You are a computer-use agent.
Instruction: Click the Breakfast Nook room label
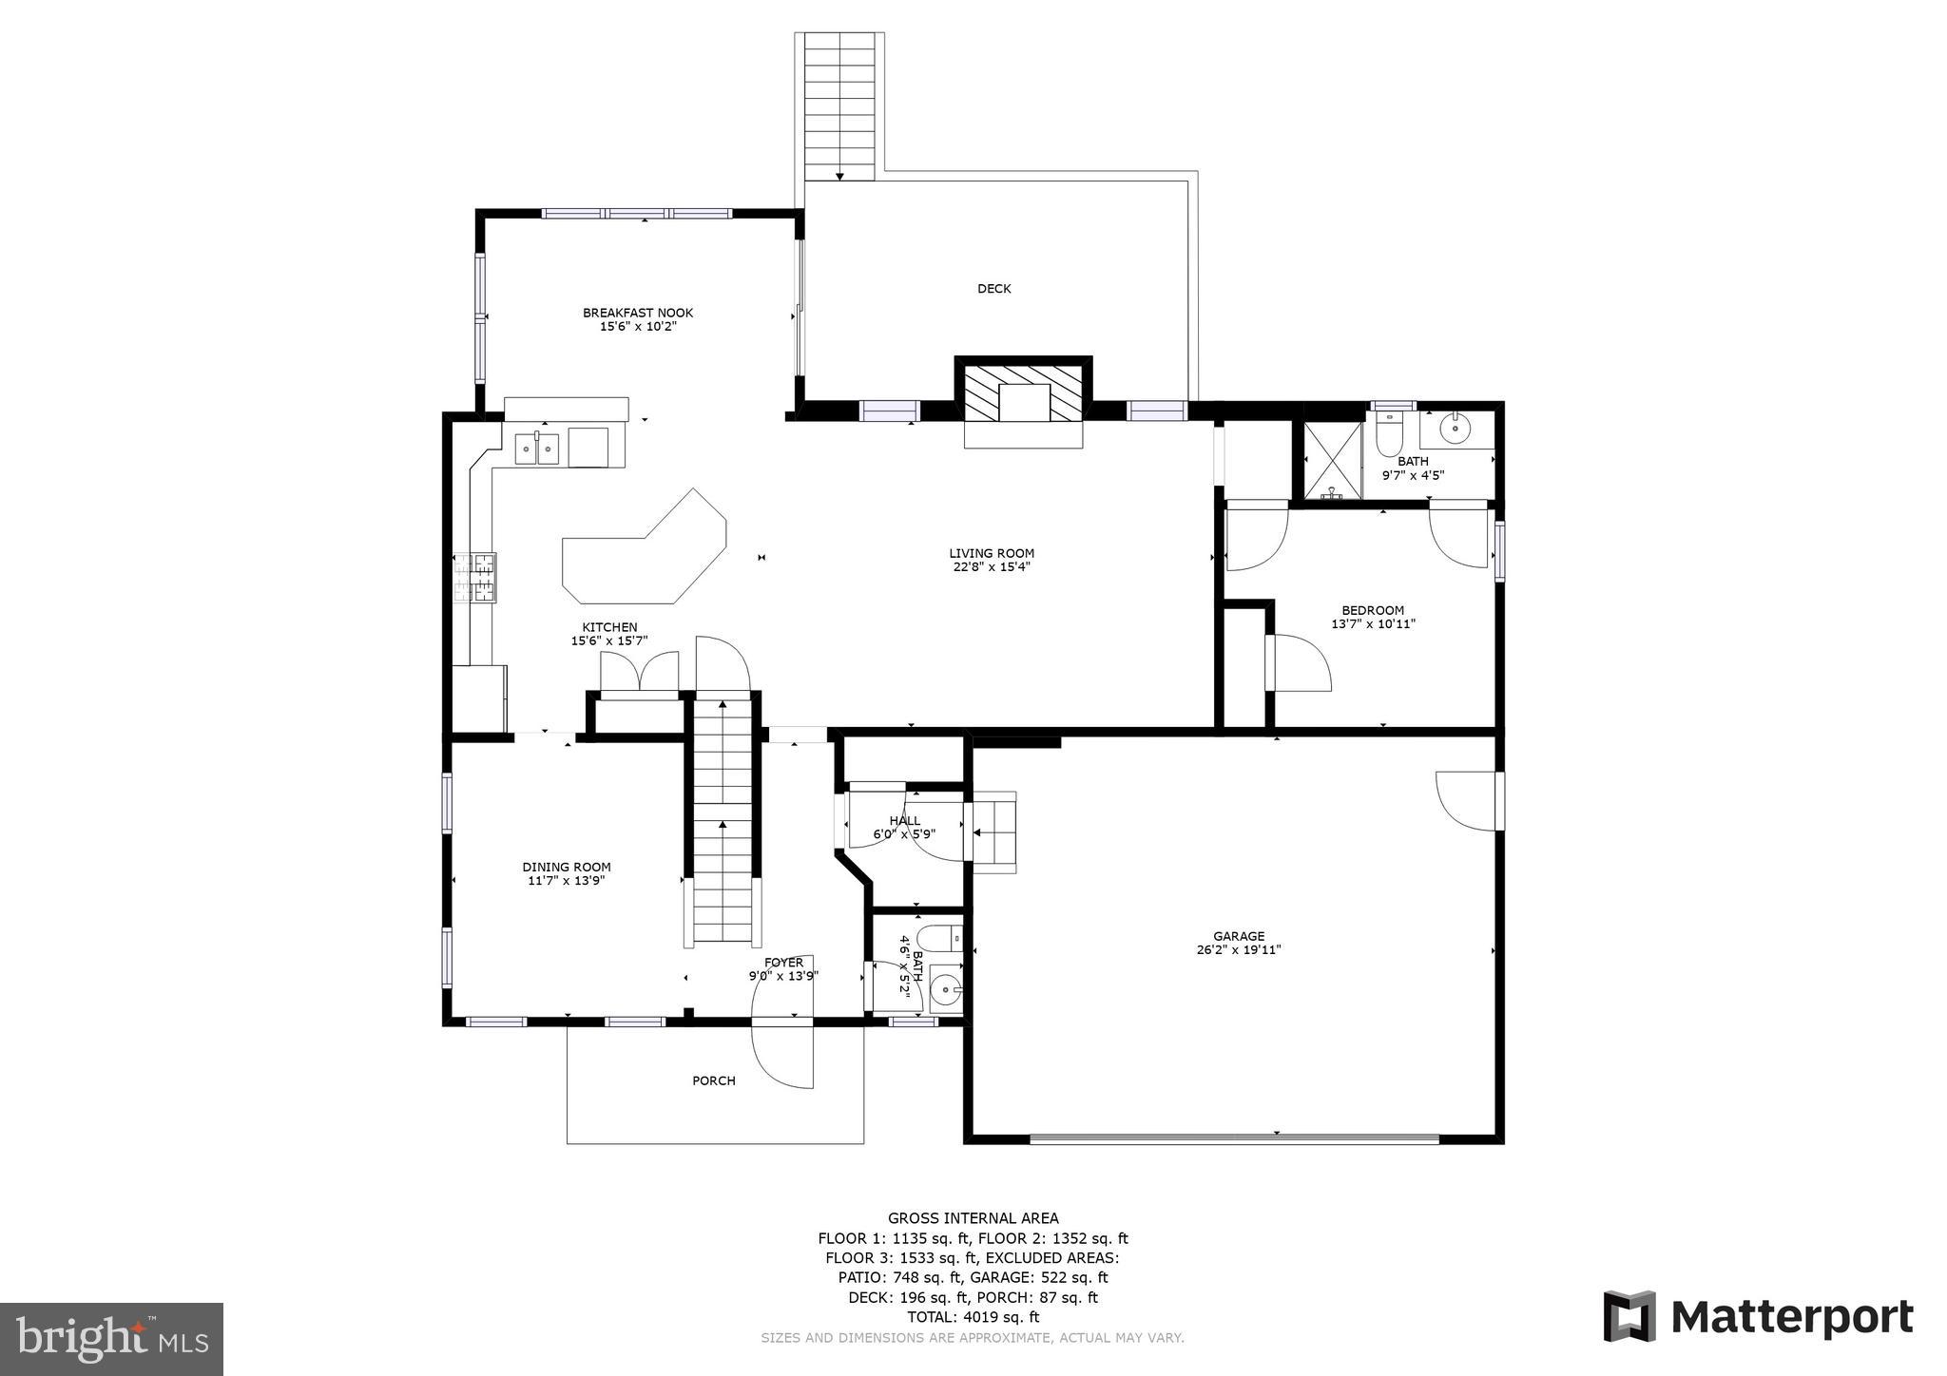[x=637, y=313]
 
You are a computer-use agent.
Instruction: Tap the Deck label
[x=993, y=289]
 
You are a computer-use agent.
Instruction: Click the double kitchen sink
[x=536, y=448]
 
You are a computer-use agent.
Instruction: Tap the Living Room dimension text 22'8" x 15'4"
[x=991, y=567]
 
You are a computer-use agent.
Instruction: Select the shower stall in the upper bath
[x=1330, y=460]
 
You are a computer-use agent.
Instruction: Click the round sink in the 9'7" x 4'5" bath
[x=1455, y=430]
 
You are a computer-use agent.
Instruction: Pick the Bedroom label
[x=1372, y=610]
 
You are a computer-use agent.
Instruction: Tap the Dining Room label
[x=566, y=867]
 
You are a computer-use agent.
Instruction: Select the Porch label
[x=713, y=1080]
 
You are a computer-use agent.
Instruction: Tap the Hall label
[x=904, y=821]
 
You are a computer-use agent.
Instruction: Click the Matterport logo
[x=1758, y=1318]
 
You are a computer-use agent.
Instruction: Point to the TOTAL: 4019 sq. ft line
[x=973, y=1317]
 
